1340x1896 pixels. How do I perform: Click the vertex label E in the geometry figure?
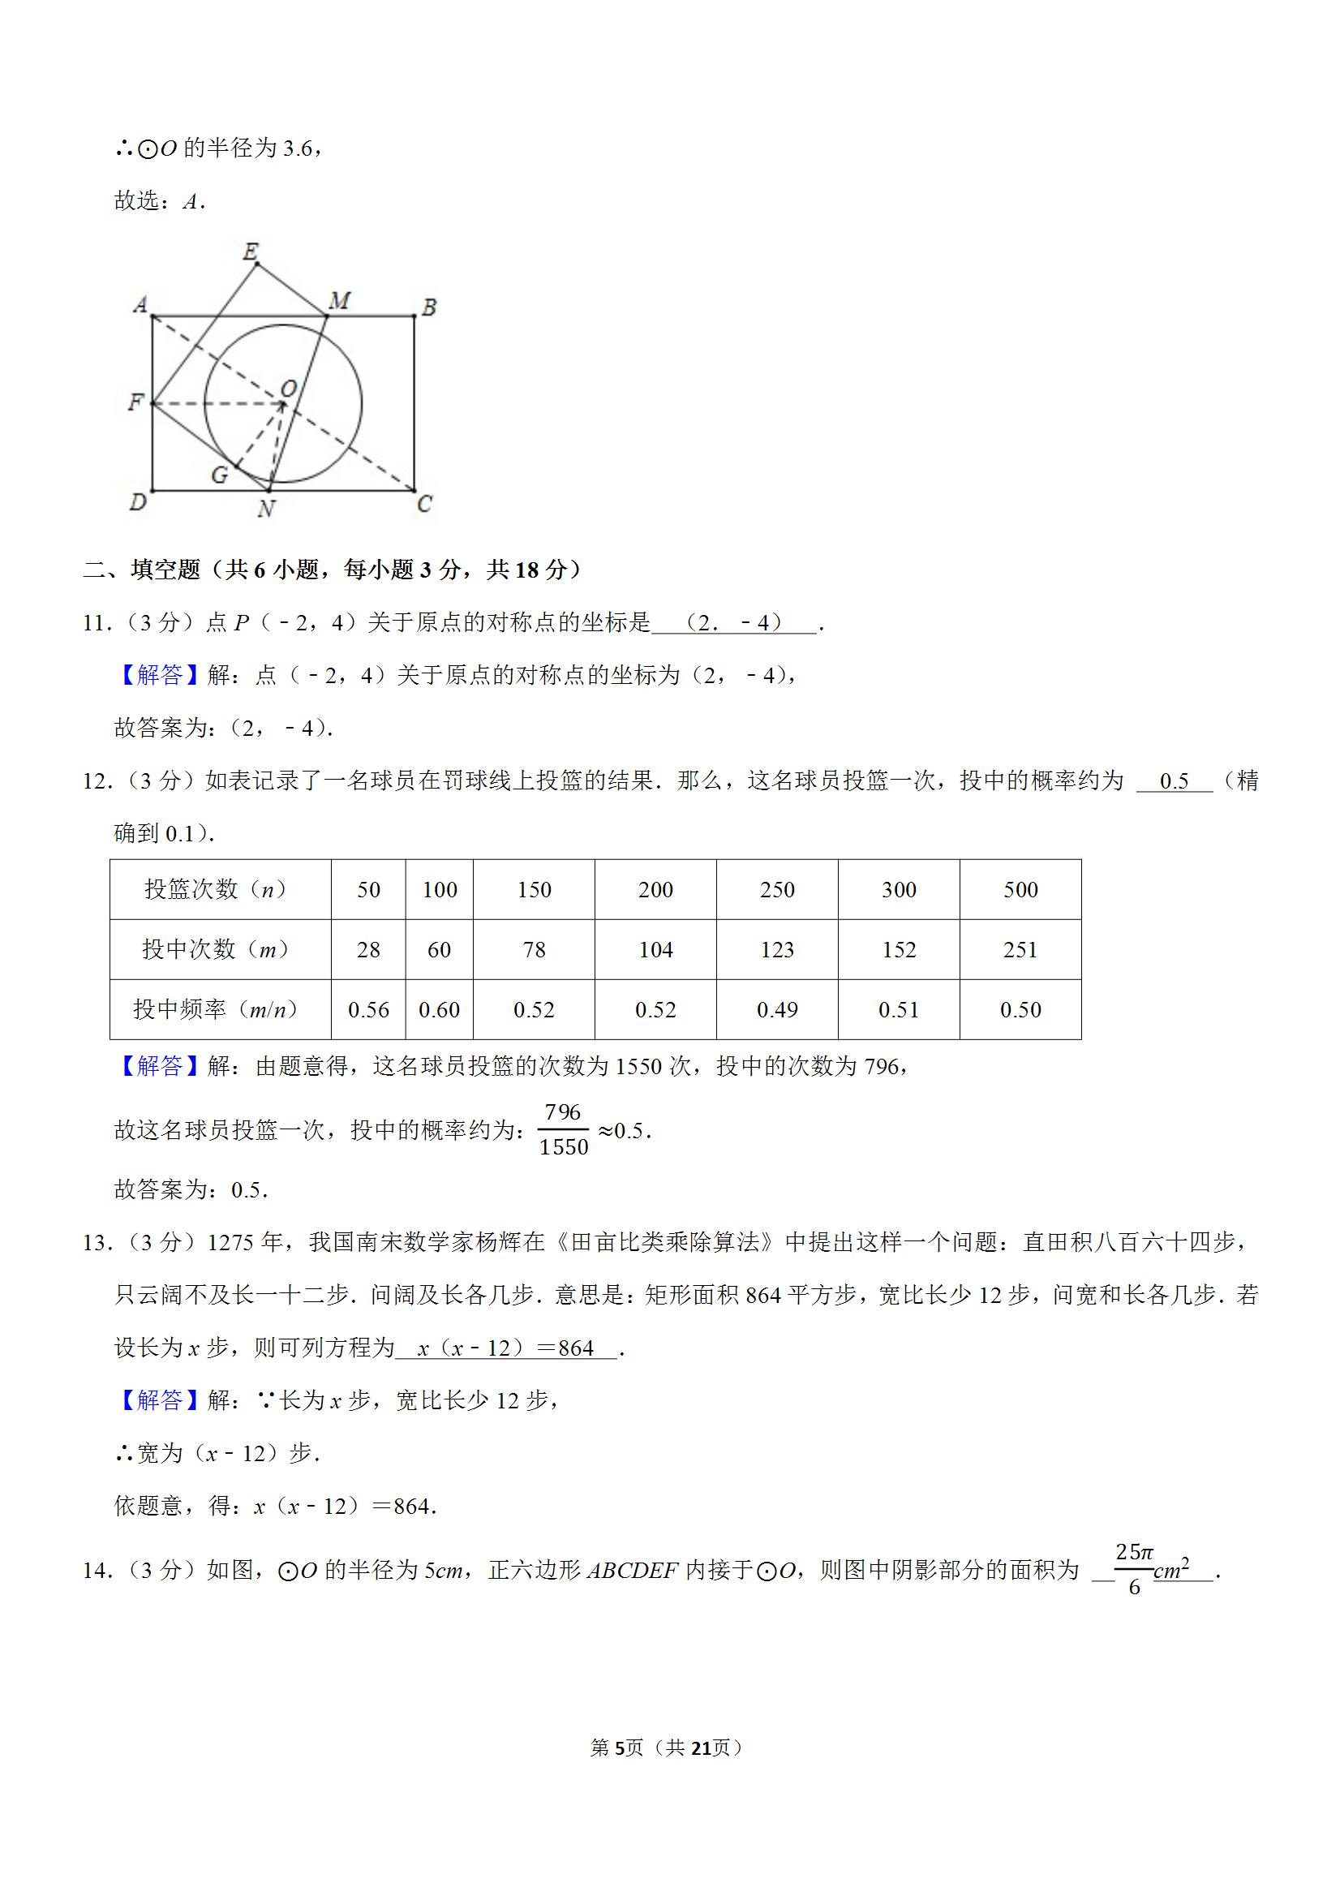tap(251, 251)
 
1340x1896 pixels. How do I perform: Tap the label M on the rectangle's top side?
tap(339, 302)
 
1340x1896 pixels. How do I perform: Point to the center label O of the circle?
tap(288, 388)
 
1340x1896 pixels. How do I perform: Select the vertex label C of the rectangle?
tap(424, 503)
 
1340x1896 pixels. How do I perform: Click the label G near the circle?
tap(220, 475)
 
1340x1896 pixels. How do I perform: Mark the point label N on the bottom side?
tap(266, 509)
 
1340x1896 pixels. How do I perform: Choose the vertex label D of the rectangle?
tap(138, 502)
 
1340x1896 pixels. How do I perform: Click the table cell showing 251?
tap(1020, 950)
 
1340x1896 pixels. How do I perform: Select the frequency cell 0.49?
tap(777, 1009)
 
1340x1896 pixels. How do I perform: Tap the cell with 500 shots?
tap(1020, 889)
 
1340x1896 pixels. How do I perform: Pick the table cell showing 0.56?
tap(368, 1009)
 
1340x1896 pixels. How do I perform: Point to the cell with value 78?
tap(534, 950)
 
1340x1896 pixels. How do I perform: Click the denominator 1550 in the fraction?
tap(564, 1147)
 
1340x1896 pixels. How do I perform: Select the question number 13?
tap(96, 1243)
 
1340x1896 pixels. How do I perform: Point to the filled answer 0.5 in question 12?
tap(1174, 781)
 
